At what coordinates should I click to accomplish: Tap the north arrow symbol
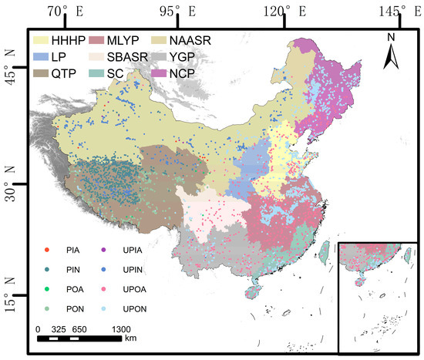pyautogui.click(x=390, y=51)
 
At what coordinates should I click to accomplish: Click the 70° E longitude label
pyautogui.click(x=66, y=11)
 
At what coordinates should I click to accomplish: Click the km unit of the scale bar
pyautogui.click(x=131, y=337)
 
